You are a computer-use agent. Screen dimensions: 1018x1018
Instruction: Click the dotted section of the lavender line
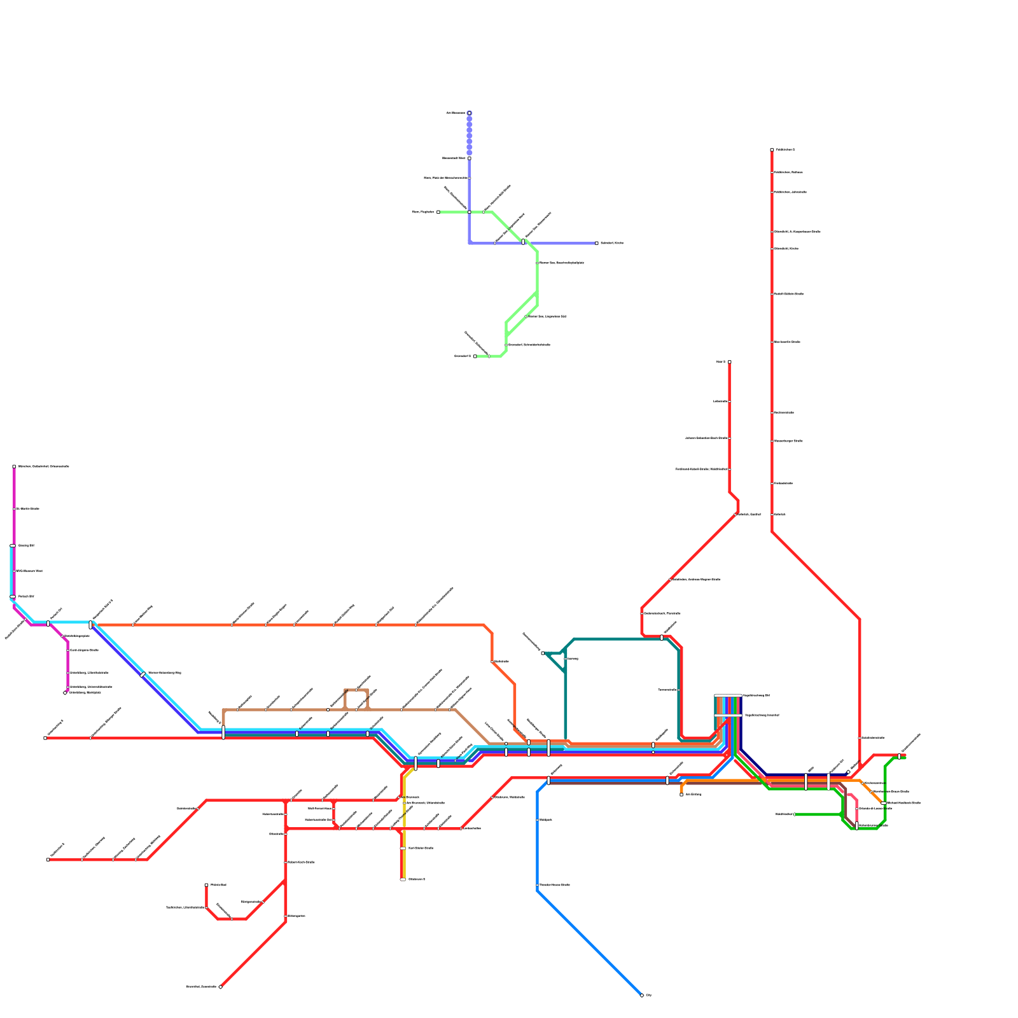(x=470, y=134)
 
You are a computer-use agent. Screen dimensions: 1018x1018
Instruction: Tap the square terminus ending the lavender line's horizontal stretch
(x=597, y=243)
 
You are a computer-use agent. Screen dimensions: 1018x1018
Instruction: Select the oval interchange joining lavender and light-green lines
(x=523, y=242)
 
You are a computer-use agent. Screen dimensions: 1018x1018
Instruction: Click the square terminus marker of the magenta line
(x=14, y=466)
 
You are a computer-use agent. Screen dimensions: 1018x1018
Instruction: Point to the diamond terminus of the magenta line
(x=65, y=693)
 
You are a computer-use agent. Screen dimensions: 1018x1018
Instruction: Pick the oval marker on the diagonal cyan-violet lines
(x=143, y=674)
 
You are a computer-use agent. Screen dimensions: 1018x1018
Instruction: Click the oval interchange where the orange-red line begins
(x=91, y=625)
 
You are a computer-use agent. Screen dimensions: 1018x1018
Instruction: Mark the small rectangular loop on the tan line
(x=356, y=699)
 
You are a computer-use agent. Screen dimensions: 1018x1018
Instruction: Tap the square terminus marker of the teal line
(x=543, y=653)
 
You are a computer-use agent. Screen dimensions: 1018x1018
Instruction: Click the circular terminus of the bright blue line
(x=641, y=995)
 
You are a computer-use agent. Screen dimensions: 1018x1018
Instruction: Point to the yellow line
(x=404, y=827)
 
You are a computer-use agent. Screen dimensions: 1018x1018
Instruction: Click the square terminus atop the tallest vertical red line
(x=772, y=150)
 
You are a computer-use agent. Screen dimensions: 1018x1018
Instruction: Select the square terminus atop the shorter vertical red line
(x=729, y=362)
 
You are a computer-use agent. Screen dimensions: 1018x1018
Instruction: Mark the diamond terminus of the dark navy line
(x=848, y=772)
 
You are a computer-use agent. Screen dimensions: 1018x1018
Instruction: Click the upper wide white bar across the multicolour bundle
(x=728, y=695)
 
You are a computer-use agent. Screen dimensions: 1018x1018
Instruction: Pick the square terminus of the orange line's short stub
(x=681, y=794)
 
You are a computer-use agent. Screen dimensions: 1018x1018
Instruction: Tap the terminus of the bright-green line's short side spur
(x=795, y=814)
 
